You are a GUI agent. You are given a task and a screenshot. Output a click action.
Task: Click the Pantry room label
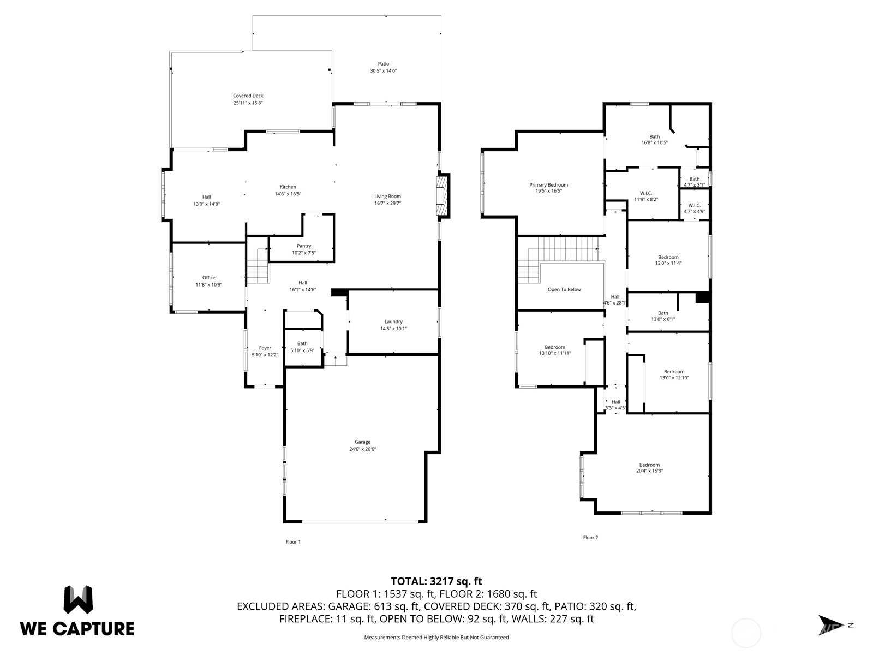pos(304,246)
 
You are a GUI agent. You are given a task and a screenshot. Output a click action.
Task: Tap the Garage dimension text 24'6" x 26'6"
pos(363,449)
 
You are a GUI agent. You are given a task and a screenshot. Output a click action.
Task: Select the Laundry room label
pos(393,322)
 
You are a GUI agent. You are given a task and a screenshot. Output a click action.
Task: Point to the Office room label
pos(208,278)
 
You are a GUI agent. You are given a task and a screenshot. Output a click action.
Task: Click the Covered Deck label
pos(248,96)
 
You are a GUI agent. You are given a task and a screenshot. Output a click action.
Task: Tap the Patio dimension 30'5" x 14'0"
pos(384,71)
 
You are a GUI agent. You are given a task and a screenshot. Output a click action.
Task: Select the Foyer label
pos(265,348)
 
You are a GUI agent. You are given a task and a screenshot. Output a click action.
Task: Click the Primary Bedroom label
pos(548,185)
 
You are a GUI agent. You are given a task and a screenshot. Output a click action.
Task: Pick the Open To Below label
pos(564,290)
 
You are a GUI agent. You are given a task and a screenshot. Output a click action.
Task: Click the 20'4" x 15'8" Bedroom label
pos(649,465)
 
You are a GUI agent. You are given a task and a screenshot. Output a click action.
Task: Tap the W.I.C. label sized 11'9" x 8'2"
pos(645,193)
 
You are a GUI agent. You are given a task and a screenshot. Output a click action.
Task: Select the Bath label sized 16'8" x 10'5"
pos(654,137)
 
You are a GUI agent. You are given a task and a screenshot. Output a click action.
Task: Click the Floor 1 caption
pos(293,542)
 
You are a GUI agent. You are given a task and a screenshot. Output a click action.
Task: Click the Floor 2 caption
pos(590,538)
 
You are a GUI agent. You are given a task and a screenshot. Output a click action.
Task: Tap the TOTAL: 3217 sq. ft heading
pos(436,581)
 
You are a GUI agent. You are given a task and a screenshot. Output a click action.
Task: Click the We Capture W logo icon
pos(78,600)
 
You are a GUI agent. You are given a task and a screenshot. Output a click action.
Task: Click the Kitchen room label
pos(288,187)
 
